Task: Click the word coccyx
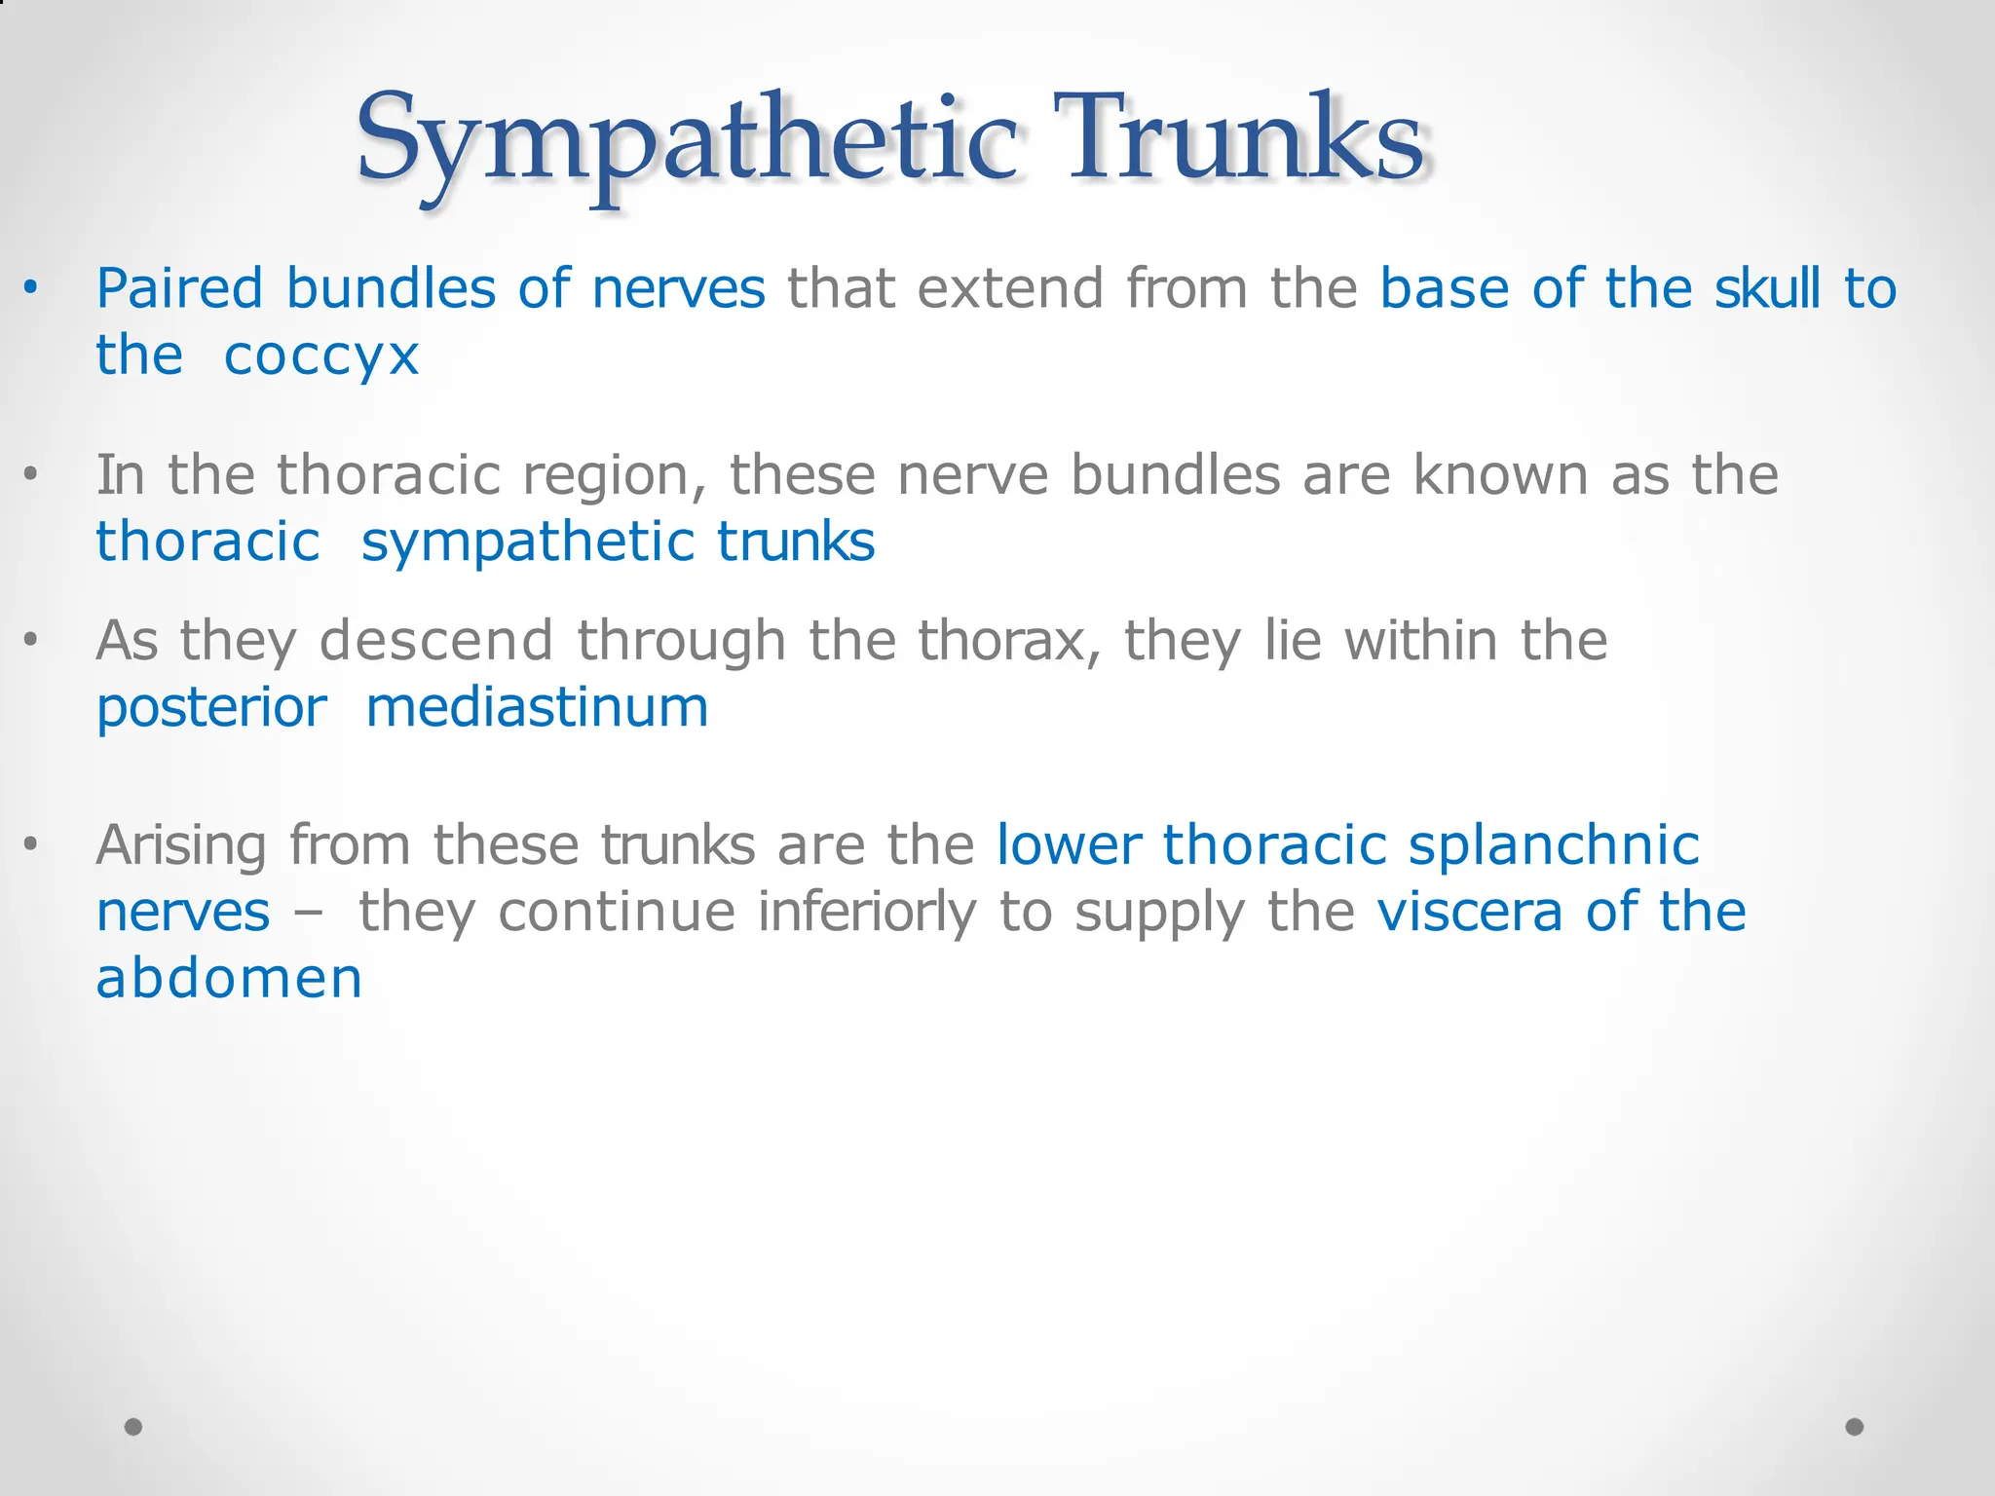[x=321, y=356]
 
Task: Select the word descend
[x=436, y=642]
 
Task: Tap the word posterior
[x=211, y=709]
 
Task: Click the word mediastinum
[x=537, y=708]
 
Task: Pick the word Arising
[x=180, y=845]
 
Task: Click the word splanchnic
[x=1554, y=845]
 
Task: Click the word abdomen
[x=229, y=979]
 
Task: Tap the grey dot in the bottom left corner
[x=133, y=1427]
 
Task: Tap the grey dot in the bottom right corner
[x=1855, y=1427]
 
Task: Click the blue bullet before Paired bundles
[x=31, y=288]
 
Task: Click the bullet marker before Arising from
[x=31, y=844]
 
